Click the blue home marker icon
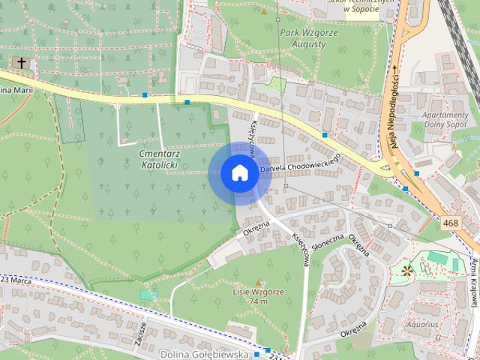[238, 173]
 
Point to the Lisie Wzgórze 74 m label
[247, 296]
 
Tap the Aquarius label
[421, 325]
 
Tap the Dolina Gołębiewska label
[203, 352]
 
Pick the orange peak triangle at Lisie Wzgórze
[259, 281]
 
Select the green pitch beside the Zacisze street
[145, 295]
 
